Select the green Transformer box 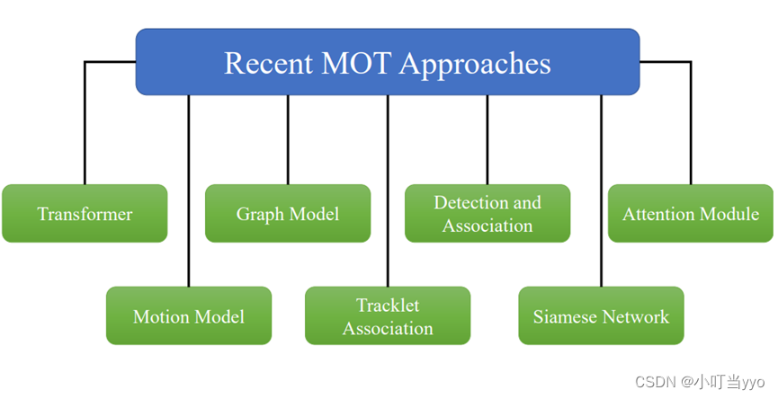point(85,214)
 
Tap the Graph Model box point(288,214)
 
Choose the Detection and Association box point(487,214)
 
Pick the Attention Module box point(691,214)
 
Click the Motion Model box point(189,315)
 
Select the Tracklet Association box point(388,315)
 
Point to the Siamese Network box point(601,315)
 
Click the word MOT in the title point(356,63)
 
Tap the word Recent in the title point(266,63)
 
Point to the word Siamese point(565,316)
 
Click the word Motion point(160,316)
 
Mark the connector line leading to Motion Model point(189,189)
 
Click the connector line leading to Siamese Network point(601,189)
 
